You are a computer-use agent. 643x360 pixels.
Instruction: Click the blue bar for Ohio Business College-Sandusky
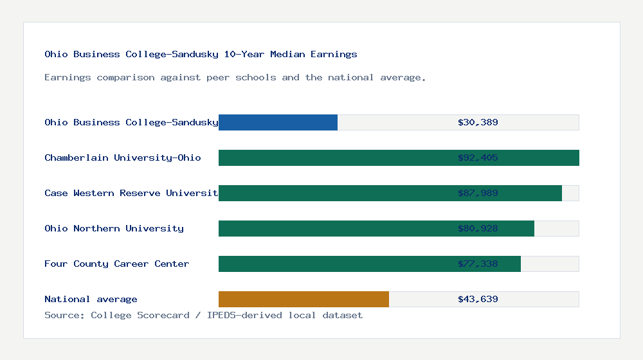[x=278, y=122]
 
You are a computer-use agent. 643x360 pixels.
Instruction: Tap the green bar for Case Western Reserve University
[x=334, y=193]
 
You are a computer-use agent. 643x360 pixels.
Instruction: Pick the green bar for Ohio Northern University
[x=334, y=228]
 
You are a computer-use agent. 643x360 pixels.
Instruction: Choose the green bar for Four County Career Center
[x=334, y=264]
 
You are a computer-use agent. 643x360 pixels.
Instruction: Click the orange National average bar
[x=303, y=299]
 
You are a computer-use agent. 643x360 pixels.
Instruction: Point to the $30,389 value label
[x=478, y=122]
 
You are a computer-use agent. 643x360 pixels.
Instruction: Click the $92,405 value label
[x=478, y=157]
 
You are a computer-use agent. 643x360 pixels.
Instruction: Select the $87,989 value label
[x=478, y=193]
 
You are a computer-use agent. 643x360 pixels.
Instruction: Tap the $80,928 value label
[x=478, y=228]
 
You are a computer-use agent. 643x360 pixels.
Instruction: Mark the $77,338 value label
[x=478, y=264]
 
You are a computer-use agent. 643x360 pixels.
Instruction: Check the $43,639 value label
[x=478, y=299]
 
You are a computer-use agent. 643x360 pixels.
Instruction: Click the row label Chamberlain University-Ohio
[x=122, y=157]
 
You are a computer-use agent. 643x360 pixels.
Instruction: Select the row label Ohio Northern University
[x=114, y=228]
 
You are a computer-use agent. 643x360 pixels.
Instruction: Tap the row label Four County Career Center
[x=116, y=264]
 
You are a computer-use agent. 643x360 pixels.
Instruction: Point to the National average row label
[x=91, y=299]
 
